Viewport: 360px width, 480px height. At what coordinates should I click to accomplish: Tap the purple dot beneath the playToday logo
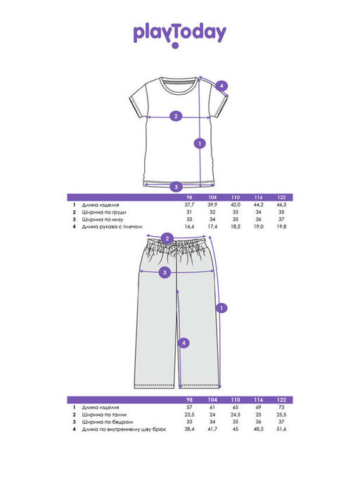(x=175, y=46)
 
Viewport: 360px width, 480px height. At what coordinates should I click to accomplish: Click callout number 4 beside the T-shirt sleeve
(x=221, y=86)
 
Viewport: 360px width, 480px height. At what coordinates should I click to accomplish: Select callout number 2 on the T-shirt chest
(x=176, y=117)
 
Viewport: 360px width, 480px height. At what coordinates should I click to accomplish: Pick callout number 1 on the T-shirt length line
(x=200, y=143)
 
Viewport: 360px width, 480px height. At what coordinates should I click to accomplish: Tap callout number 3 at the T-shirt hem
(x=176, y=186)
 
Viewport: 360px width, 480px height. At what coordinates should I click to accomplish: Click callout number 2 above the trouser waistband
(x=167, y=238)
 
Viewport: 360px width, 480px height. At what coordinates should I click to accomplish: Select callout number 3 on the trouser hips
(x=165, y=272)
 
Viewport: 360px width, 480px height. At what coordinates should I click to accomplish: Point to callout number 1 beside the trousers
(x=221, y=308)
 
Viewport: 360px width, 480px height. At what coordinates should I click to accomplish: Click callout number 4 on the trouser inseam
(x=184, y=343)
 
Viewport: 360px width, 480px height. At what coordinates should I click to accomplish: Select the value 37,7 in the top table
(x=189, y=205)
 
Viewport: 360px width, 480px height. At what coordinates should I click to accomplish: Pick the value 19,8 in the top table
(x=281, y=227)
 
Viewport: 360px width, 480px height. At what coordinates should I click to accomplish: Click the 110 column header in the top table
(x=236, y=197)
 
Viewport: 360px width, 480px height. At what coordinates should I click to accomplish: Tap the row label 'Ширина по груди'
(x=104, y=212)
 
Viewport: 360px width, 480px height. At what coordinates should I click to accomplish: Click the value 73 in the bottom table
(x=281, y=408)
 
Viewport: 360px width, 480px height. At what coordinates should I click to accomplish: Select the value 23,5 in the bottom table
(x=189, y=415)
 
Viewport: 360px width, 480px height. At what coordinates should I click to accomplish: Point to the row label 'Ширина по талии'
(x=104, y=415)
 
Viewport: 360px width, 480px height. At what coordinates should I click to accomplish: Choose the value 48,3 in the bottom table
(x=258, y=429)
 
